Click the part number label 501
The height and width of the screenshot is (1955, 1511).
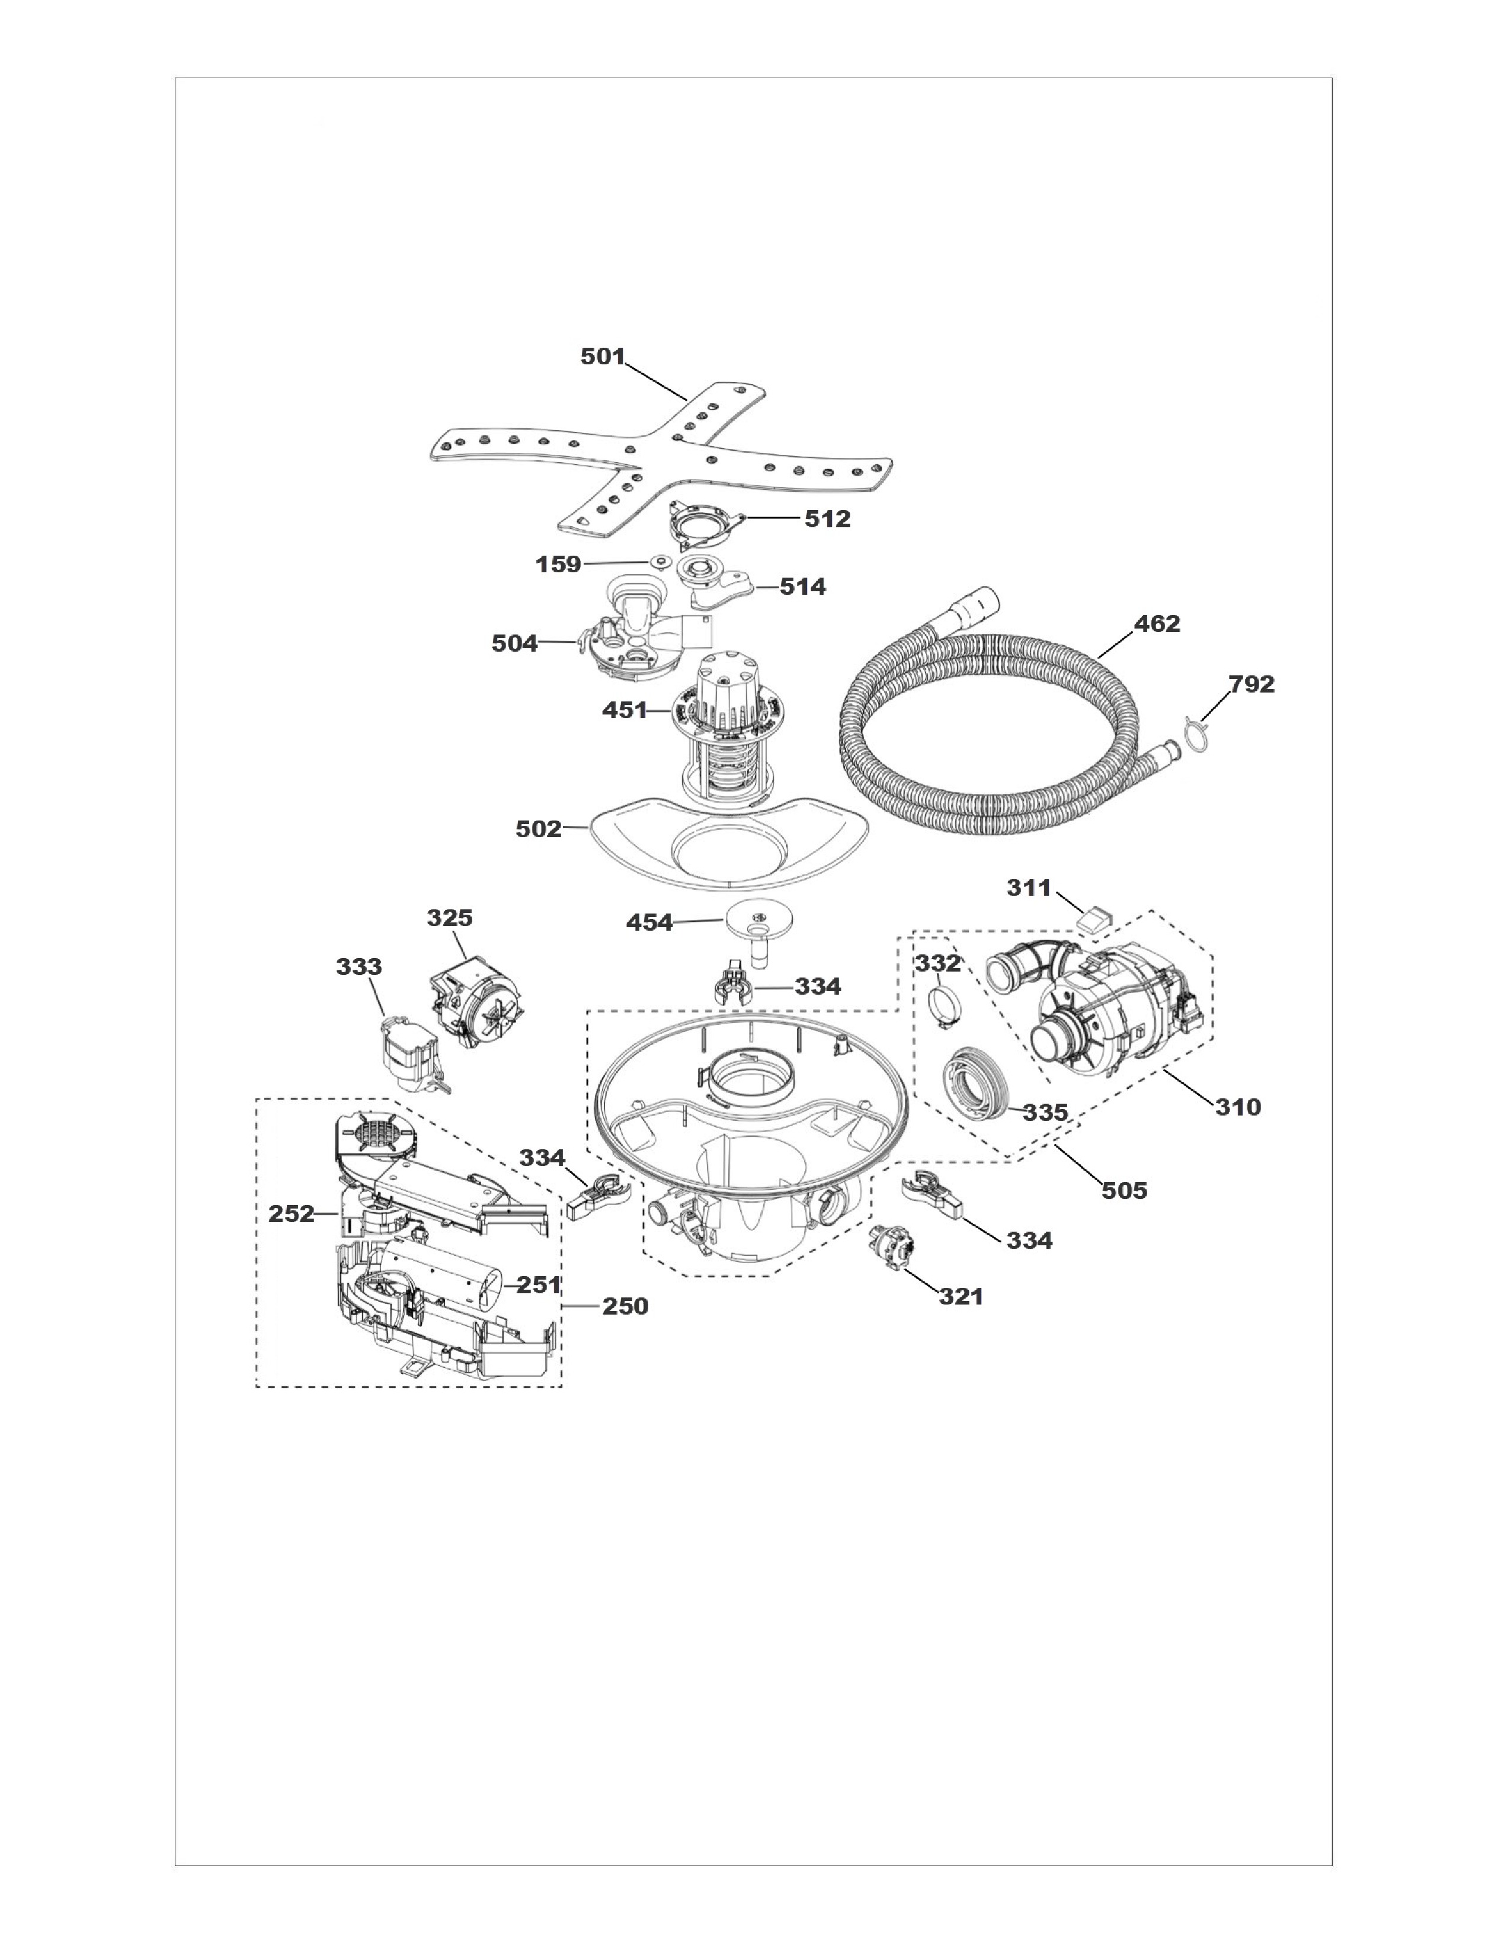coord(603,356)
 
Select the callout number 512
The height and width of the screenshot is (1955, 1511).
coord(827,519)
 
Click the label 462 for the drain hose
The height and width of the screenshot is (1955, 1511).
coord(1157,624)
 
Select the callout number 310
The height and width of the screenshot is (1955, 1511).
coord(1238,1107)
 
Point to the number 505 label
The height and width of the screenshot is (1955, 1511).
coord(1124,1191)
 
